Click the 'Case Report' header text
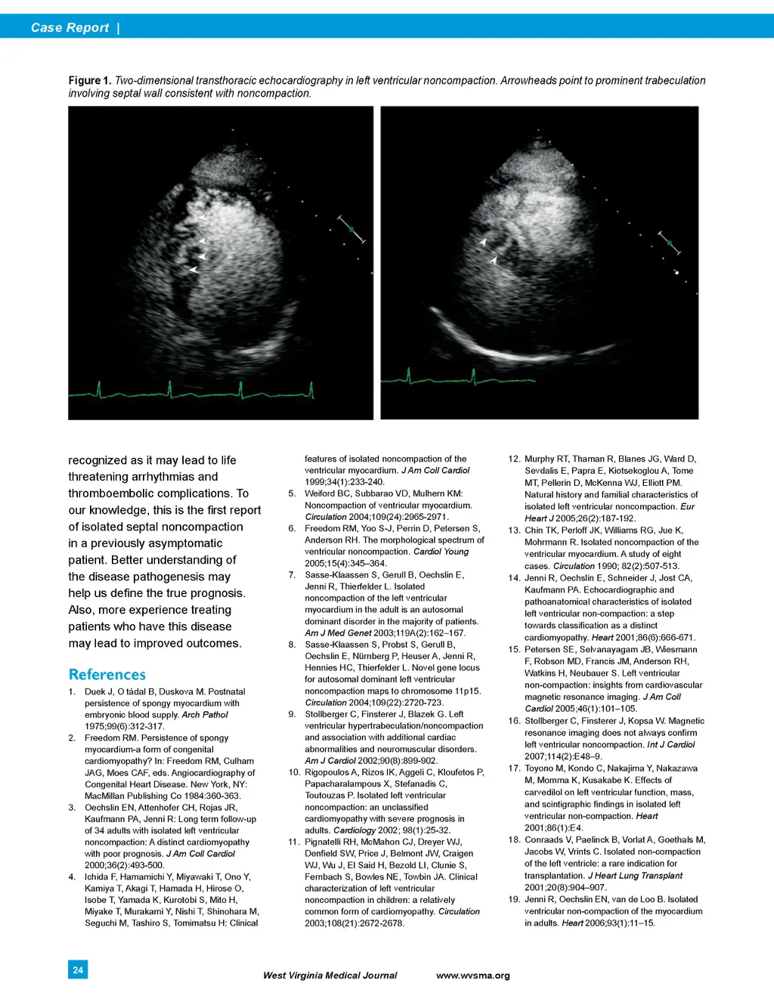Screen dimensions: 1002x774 [x=70, y=28]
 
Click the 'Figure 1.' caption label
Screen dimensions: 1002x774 [x=89, y=80]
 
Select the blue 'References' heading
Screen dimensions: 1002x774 [x=107, y=674]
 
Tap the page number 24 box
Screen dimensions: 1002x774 [x=78, y=970]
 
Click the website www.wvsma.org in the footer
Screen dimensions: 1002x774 [x=472, y=976]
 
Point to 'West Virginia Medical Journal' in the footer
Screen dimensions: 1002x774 [x=330, y=976]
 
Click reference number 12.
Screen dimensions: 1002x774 [x=514, y=459]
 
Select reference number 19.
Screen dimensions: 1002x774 [x=514, y=899]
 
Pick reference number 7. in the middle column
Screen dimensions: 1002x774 [x=292, y=575]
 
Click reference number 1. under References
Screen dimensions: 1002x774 [x=72, y=691]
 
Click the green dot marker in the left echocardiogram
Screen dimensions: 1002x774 [x=351, y=229]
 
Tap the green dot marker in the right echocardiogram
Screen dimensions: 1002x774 [x=669, y=243]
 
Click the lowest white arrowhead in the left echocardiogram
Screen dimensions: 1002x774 [x=193, y=270]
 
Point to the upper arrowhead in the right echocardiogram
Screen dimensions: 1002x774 [x=482, y=243]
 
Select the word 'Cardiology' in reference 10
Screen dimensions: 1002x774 [x=354, y=830]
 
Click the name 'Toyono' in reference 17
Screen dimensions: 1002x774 [x=540, y=769]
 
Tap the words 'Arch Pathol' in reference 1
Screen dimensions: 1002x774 [x=205, y=715]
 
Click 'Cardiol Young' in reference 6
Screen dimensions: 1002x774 [x=441, y=552]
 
